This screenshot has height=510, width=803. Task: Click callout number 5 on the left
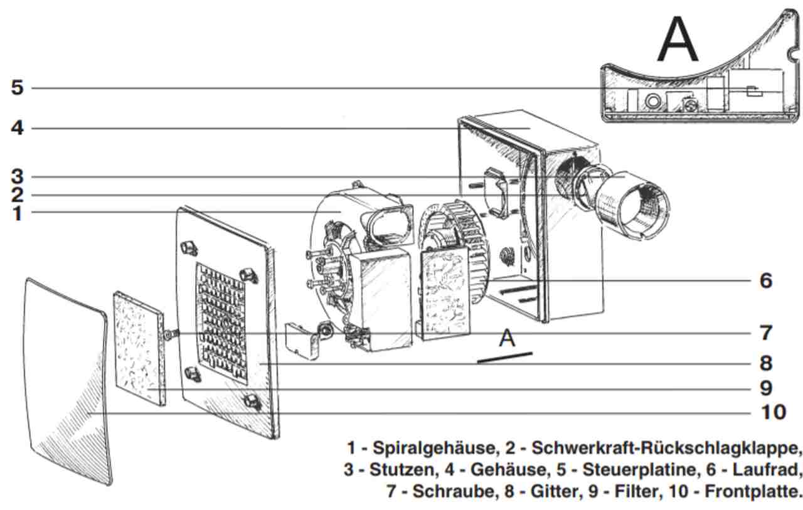pyautogui.click(x=17, y=87)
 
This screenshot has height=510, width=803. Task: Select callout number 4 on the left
pyautogui.click(x=17, y=128)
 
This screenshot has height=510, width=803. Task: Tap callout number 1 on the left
pyautogui.click(x=17, y=213)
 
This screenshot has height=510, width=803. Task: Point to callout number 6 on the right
pyautogui.click(x=765, y=280)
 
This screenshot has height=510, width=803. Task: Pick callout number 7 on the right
pyautogui.click(x=765, y=332)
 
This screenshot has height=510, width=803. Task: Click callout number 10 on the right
pyautogui.click(x=773, y=412)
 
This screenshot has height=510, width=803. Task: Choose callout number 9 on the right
pyautogui.click(x=765, y=388)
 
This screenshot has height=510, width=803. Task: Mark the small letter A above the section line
pyautogui.click(x=507, y=339)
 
